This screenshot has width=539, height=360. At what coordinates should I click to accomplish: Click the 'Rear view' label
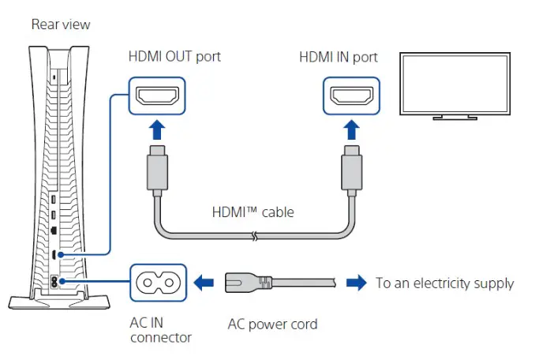click(x=61, y=24)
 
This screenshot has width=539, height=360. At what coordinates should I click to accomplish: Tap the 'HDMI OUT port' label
click(x=174, y=57)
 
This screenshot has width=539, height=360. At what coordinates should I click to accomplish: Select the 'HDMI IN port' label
click(x=339, y=57)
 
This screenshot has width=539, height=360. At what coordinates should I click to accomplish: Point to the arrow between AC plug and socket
click(x=204, y=281)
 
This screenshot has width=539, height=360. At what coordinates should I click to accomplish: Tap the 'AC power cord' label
click(x=272, y=324)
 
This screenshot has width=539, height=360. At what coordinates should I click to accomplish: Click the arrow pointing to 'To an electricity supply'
click(x=356, y=281)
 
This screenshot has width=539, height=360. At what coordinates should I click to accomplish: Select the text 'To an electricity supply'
click(x=444, y=283)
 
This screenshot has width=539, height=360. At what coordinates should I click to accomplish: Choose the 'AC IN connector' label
click(x=159, y=330)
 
